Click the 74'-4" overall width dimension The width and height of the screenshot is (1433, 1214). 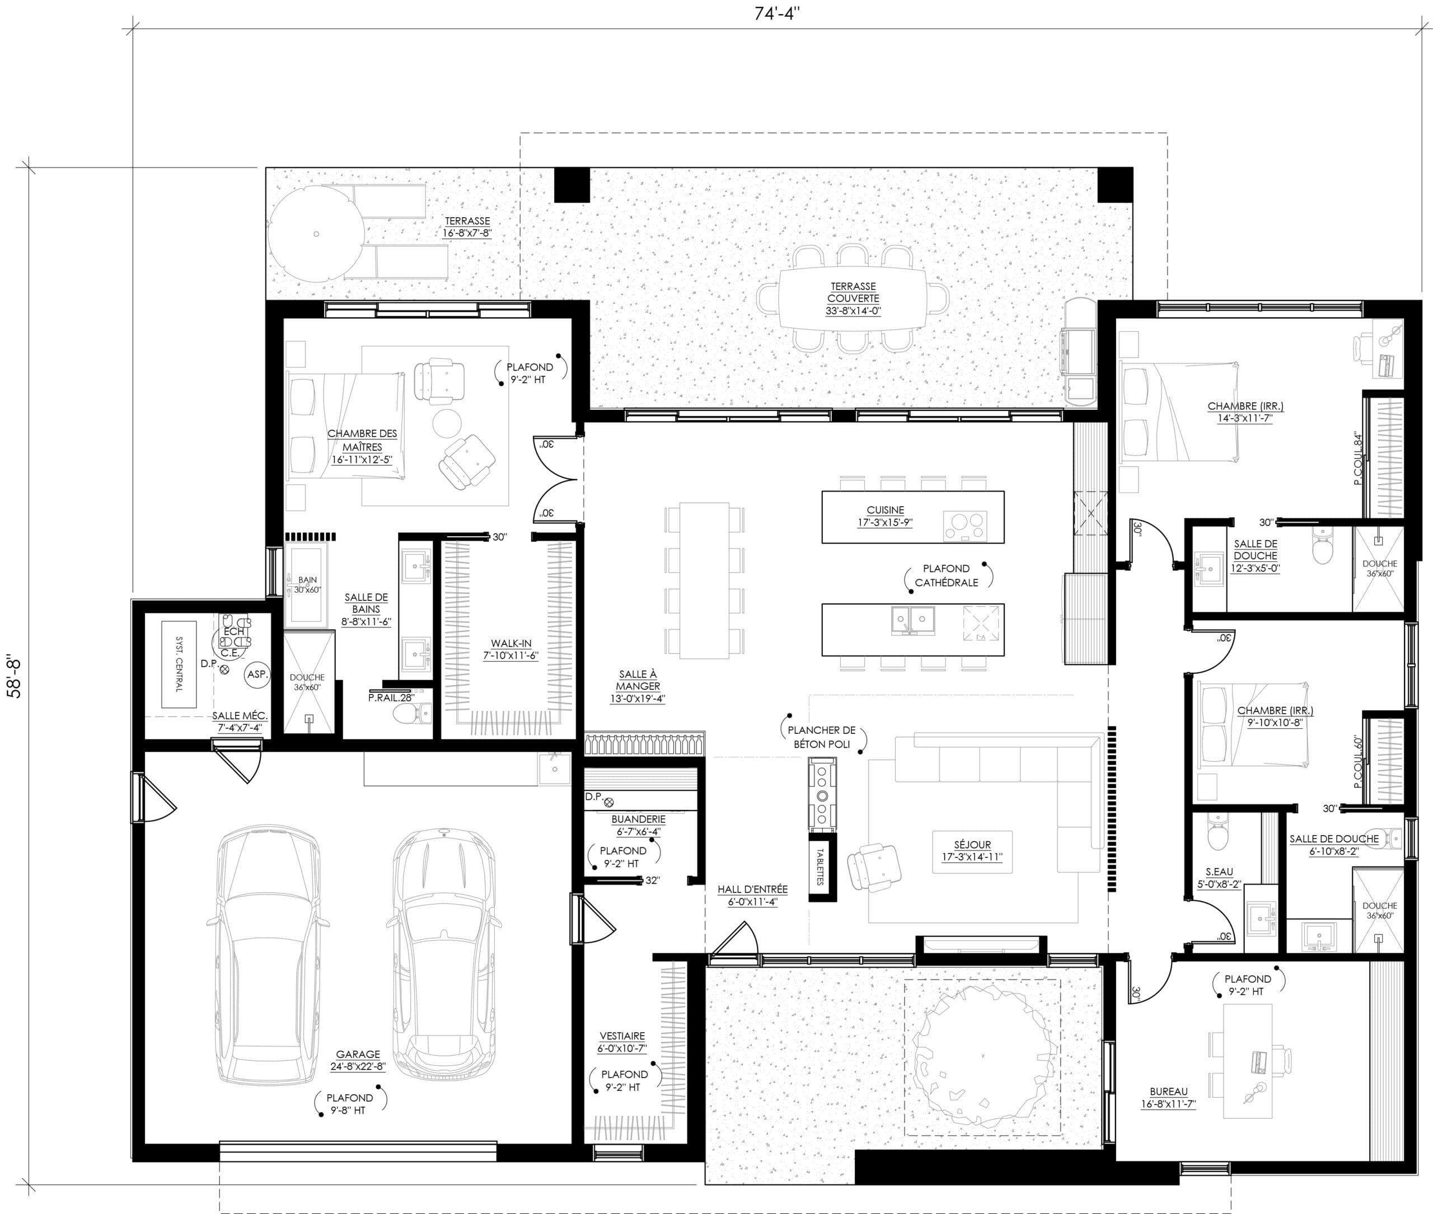(x=776, y=14)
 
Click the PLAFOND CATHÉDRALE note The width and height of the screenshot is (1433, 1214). (x=947, y=575)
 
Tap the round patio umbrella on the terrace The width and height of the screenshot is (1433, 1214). (x=316, y=233)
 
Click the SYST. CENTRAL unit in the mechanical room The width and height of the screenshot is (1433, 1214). (x=179, y=664)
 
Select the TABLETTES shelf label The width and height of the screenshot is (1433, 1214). (x=821, y=866)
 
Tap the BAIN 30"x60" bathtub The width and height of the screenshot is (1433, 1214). (x=307, y=585)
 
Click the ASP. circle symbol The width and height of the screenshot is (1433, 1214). (x=257, y=674)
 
